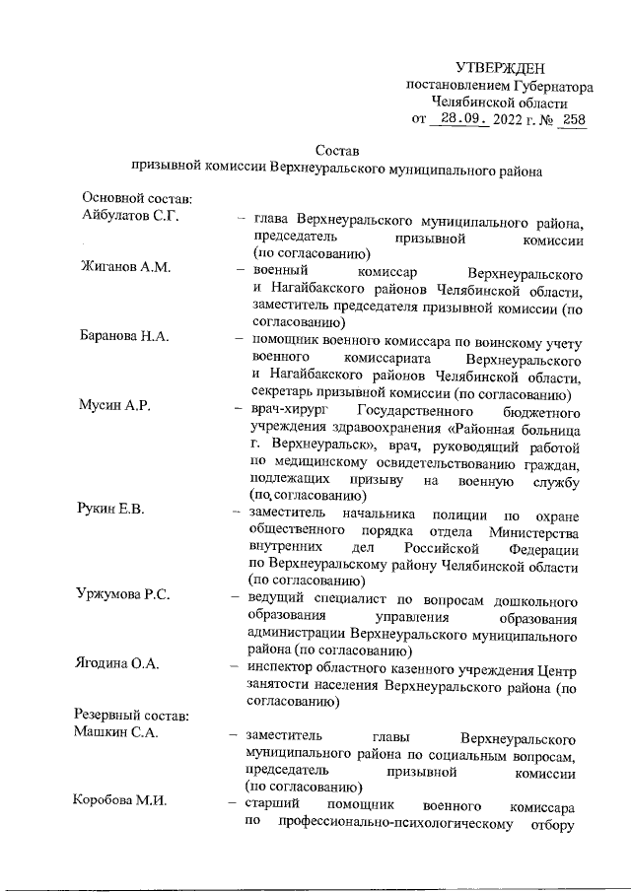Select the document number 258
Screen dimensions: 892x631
pos(572,120)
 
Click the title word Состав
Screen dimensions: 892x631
pos(338,151)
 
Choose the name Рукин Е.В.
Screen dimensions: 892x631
pos(110,509)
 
